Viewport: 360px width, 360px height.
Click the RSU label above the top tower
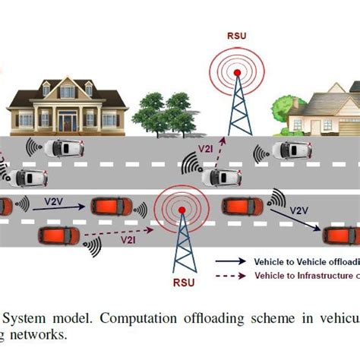pos(236,34)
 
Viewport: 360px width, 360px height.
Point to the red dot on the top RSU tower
pos(237,73)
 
